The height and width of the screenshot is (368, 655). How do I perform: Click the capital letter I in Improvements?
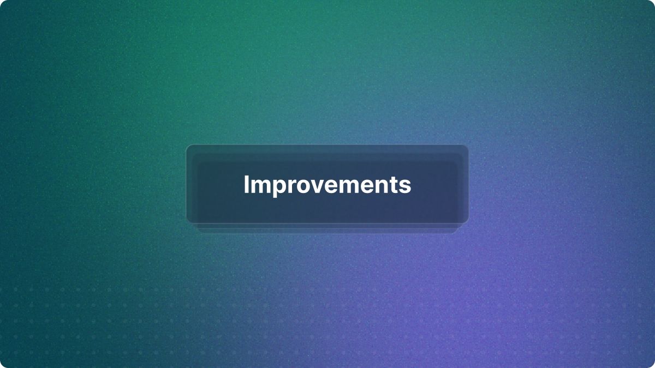246,184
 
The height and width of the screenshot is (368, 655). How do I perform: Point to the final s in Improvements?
404,186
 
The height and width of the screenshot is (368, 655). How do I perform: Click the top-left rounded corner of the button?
188,146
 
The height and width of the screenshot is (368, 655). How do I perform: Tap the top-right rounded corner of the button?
467,146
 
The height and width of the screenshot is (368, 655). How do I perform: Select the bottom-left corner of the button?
188,222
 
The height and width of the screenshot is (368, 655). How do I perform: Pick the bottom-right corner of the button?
467,222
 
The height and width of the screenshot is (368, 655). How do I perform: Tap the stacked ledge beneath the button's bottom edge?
327,228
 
